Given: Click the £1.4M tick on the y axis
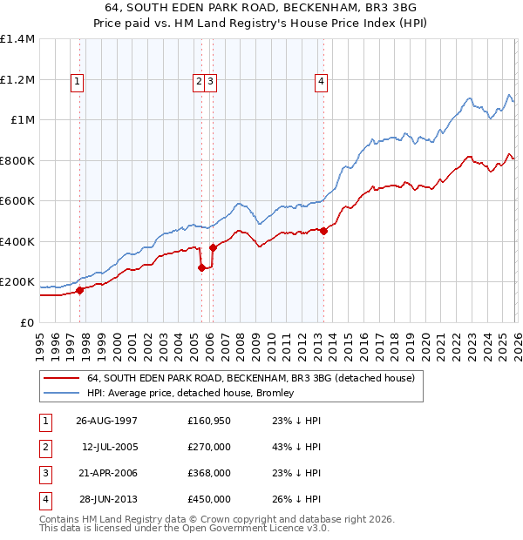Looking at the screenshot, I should [17, 39].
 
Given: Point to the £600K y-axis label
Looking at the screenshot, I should [17, 201].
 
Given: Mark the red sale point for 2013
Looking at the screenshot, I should [323, 231].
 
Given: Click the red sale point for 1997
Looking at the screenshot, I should [79, 290].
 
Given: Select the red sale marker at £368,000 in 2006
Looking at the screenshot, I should [213, 247].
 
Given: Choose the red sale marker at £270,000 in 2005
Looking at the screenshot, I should [201, 267].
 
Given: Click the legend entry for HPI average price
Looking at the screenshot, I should [190, 393].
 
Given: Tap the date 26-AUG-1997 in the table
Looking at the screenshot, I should [107, 421].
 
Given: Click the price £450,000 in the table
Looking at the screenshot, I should [208, 499].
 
